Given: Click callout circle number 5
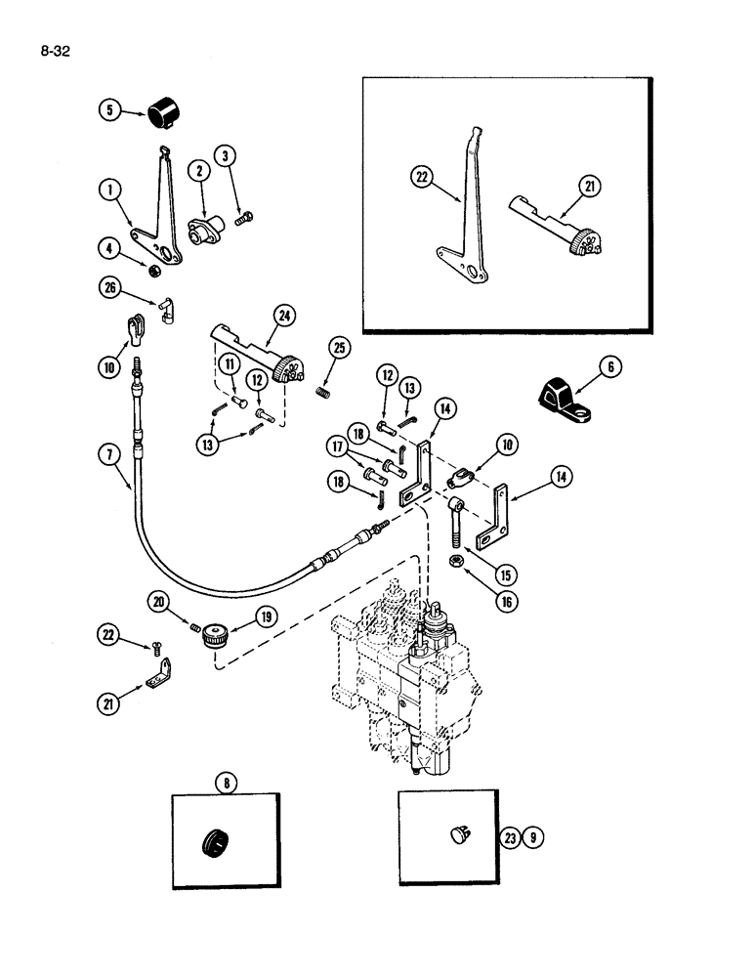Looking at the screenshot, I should click(x=111, y=110).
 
